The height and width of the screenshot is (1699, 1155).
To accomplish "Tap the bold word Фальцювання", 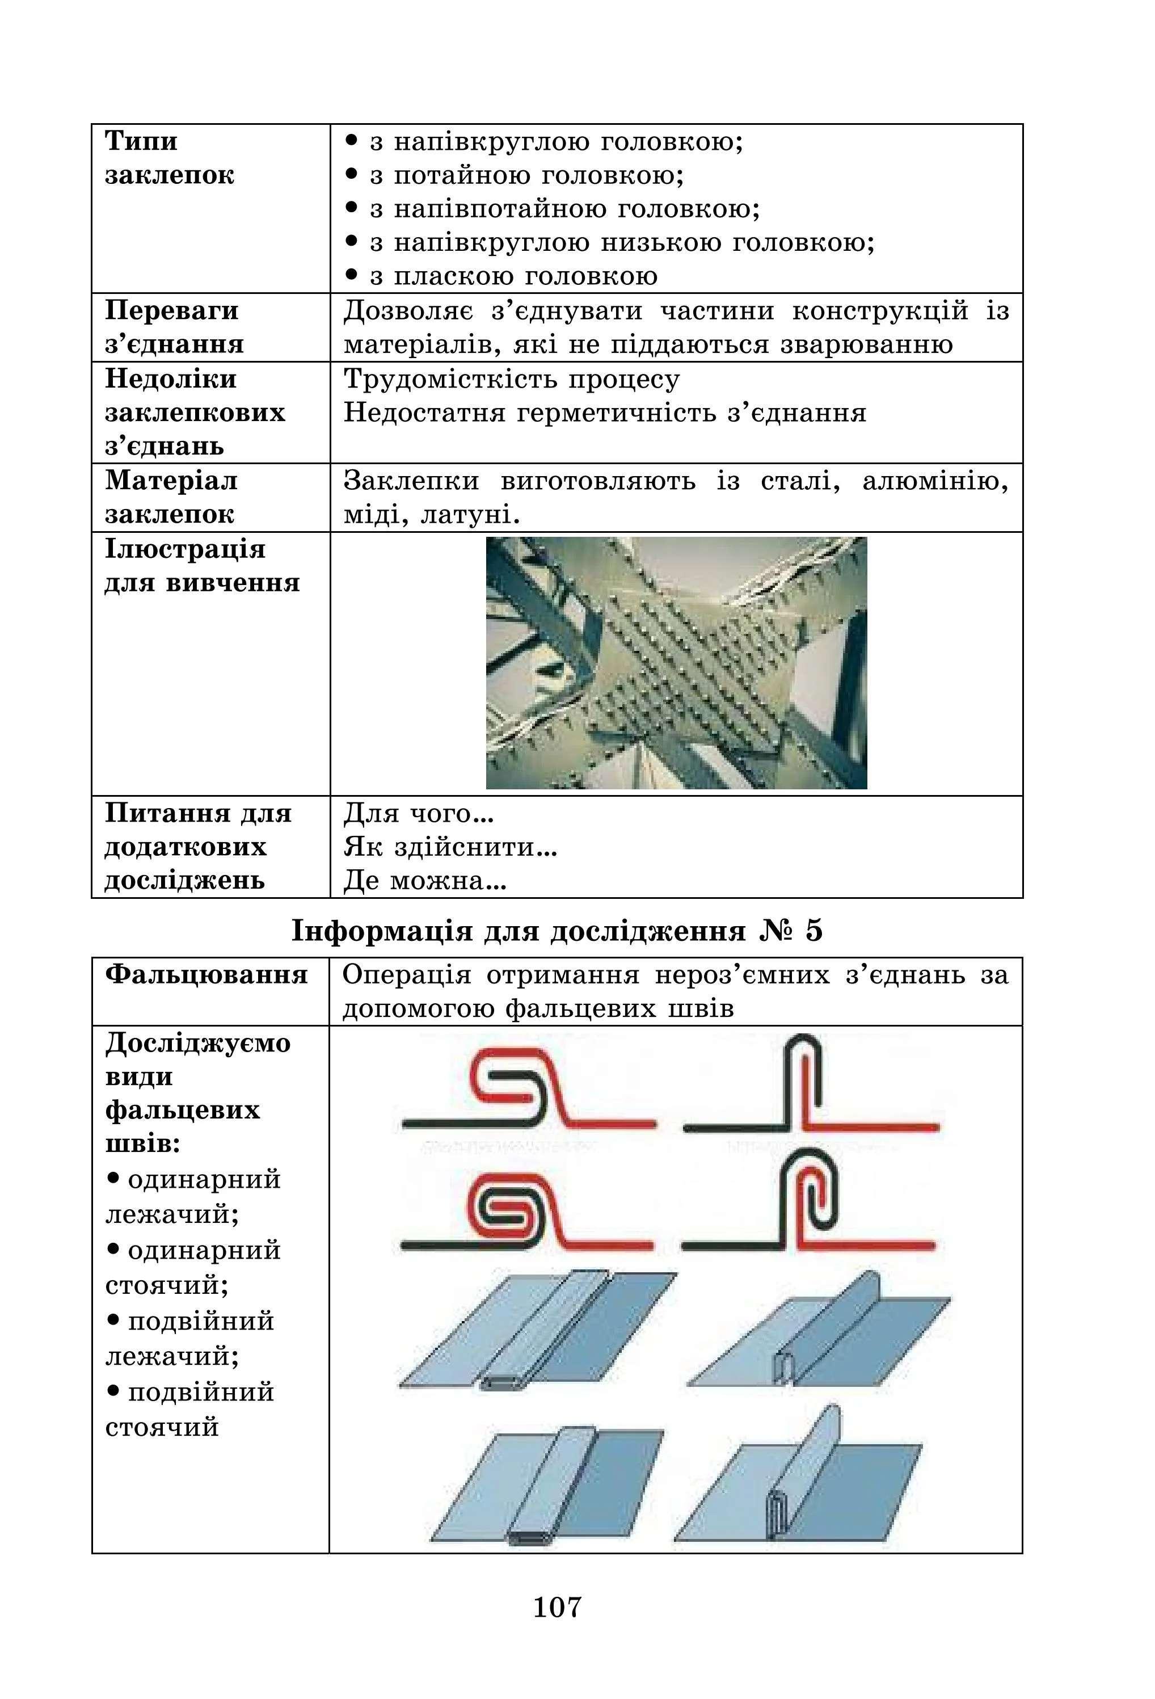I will tap(206, 974).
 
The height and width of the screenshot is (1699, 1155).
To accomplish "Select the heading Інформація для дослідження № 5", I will tap(557, 930).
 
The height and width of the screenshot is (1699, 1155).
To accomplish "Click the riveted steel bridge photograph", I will tap(676, 662).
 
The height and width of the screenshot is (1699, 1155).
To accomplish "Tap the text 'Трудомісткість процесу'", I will tap(512, 379).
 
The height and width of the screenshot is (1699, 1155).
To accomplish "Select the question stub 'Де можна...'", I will tap(425, 881).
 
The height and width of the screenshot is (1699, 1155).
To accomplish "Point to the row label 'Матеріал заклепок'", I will tap(171, 497).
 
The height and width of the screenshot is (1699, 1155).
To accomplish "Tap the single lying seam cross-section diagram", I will tap(528, 1087).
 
